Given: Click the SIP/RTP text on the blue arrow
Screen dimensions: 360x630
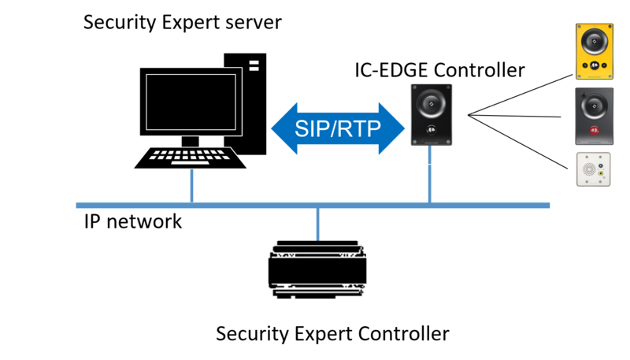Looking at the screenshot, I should [336, 128].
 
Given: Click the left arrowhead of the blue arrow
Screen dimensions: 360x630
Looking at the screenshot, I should [282, 128].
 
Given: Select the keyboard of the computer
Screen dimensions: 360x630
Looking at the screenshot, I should [191, 158].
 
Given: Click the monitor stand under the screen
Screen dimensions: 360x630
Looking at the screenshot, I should [191, 140].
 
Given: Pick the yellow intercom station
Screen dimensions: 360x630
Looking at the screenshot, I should [595, 51].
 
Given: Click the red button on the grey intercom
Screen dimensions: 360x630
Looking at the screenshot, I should [595, 128].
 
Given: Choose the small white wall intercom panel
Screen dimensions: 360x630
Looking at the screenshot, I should [594, 169].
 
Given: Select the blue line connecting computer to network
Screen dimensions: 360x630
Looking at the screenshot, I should [191, 185].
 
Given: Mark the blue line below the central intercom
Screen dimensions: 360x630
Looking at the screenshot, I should [429, 183].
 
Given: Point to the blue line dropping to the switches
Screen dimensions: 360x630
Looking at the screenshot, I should [317, 225].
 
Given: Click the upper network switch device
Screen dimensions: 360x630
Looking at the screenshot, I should [317, 250].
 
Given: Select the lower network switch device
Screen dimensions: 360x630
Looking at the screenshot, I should [317, 291].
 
